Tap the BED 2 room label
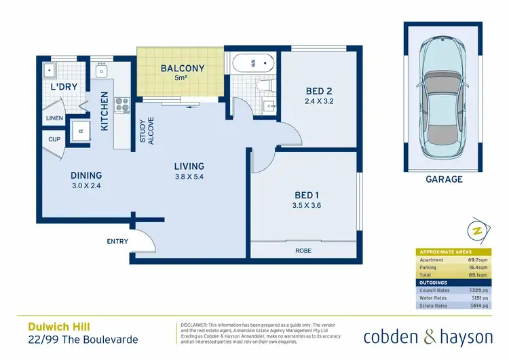point(318,92)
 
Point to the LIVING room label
point(189,166)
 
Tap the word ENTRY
point(117,241)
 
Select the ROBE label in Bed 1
point(303,250)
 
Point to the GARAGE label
point(444,179)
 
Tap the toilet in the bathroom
point(265,86)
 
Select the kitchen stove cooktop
point(122,105)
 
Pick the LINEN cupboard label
point(54,118)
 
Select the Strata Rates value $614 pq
point(478,306)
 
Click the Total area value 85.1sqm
point(477,276)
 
